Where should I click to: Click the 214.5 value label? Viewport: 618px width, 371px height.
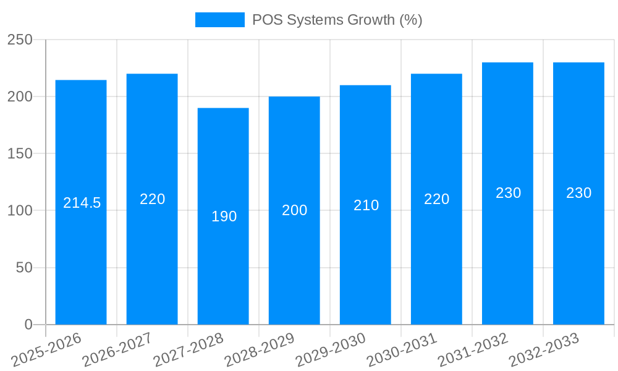[82, 203]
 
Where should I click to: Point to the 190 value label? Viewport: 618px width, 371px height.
[224, 216]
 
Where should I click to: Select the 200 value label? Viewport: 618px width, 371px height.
[295, 210]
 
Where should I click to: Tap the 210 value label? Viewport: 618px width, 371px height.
[366, 205]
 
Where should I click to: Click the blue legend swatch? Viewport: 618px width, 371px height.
[219, 20]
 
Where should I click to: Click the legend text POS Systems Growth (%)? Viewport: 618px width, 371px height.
[337, 20]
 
